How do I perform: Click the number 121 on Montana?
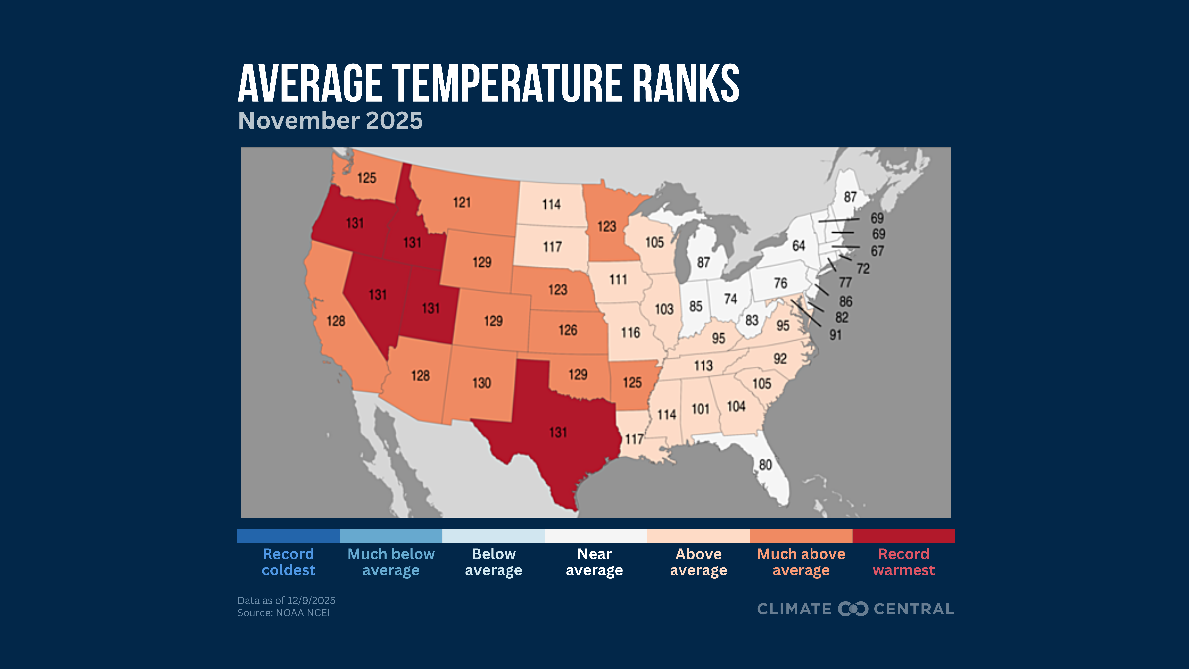pyautogui.click(x=462, y=202)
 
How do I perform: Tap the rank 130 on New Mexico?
pyautogui.click(x=481, y=383)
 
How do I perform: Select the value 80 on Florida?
pyautogui.click(x=765, y=464)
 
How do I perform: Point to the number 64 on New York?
pyautogui.click(x=799, y=246)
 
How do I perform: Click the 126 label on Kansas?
pyautogui.click(x=568, y=330)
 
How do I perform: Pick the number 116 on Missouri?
pyautogui.click(x=631, y=332)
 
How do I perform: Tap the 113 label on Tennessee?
pyautogui.click(x=703, y=366)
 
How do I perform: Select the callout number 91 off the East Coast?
pyautogui.click(x=835, y=335)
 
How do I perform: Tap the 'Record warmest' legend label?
pyautogui.click(x=903, y=562)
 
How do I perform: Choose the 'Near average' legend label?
pyautogui.click(x=594, y=562)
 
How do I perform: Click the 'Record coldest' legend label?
pyautogui.click(x=289, y=562)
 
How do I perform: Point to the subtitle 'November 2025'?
pyautogui.click(x=330, y=121)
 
